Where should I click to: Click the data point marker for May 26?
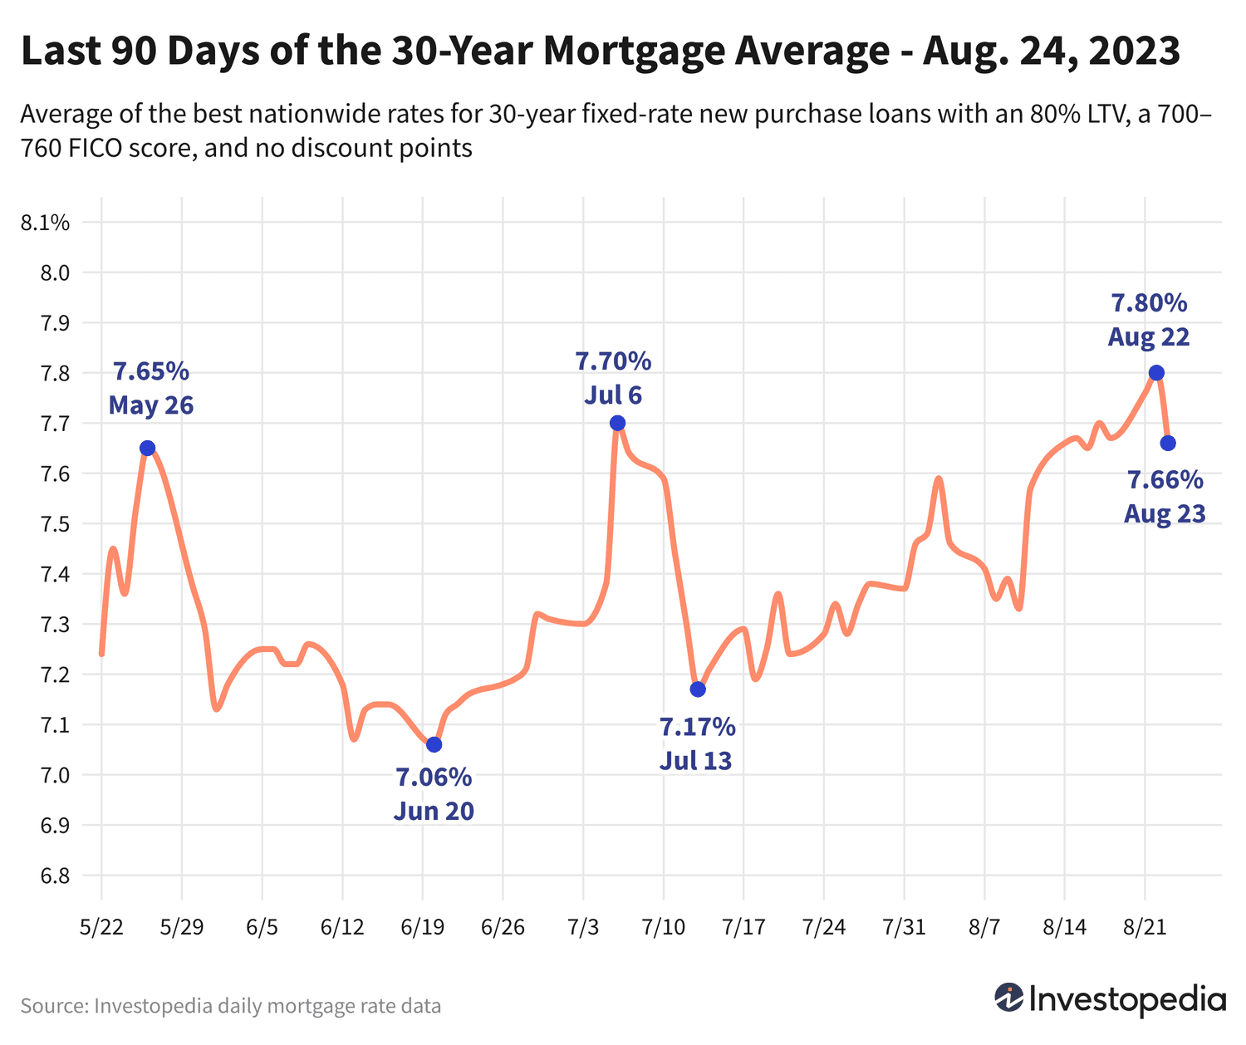coord(147,448)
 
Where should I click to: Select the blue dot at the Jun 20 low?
coord(434,744)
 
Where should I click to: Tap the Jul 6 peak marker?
coord(617,423)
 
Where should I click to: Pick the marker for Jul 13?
coord(698,689)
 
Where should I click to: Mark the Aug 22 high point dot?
coord(1156,372)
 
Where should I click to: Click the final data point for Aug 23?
coord(1168,443)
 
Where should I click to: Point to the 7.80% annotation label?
coord(1149,303)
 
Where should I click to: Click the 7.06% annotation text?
coord(434,778)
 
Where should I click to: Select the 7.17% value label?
coord(697,727)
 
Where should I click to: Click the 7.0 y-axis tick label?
coord(52,775)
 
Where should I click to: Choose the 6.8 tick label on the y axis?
coord(52,876)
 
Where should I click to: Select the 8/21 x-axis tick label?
coord(1145,926)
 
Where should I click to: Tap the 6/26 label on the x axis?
coord(503,926)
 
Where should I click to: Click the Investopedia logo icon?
coord(1009,998)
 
